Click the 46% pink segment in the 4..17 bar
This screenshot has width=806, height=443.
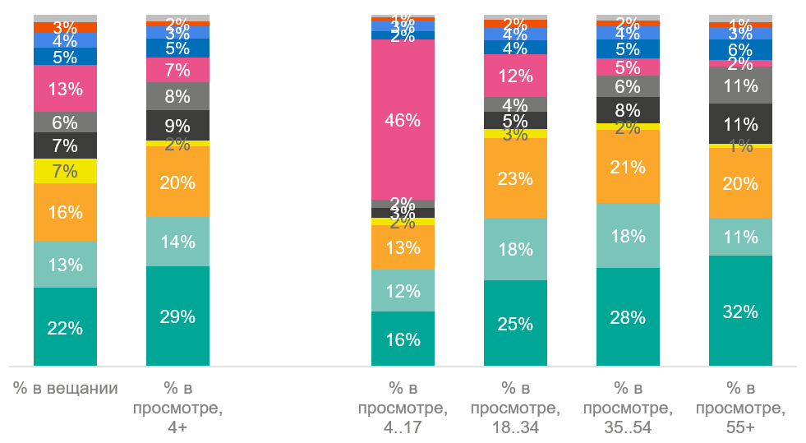click(403, 120)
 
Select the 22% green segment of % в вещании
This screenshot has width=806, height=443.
click(65, 327)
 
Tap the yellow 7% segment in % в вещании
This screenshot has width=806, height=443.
click(65, 171)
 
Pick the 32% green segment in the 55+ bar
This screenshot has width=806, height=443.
click(740, 311)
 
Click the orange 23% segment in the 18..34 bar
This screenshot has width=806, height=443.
click(515, 178)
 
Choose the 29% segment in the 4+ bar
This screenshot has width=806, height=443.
click(177, 316)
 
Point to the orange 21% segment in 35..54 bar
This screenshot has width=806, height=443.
click(628, 167)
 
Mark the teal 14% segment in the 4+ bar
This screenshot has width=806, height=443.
click(177, 242)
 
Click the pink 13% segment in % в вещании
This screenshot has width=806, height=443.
click(65, 89)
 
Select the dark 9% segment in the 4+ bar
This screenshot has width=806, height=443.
click(177, 125)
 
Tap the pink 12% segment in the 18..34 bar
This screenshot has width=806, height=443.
click(515, 76)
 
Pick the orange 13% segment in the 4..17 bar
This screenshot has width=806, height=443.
click(403, 247)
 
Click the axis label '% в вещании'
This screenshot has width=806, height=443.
click(65, 388)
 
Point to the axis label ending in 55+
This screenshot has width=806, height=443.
click(740, 408)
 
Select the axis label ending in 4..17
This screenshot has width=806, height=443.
click(403, 408)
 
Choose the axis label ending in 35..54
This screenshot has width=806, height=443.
click(628, 408)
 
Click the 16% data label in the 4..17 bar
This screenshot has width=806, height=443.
click(403, 339)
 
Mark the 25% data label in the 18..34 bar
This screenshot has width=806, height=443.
click(515, 324)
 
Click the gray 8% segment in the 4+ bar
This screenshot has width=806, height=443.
click(177, 96)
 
